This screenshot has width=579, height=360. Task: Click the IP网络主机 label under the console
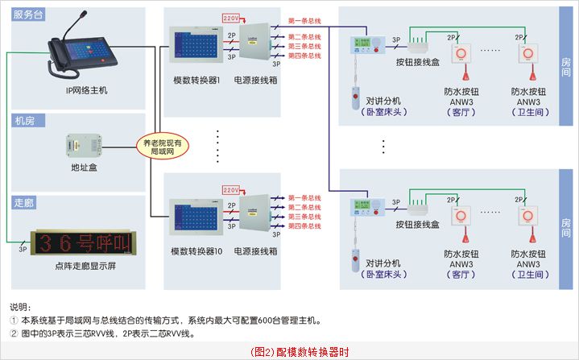[x=86, y=90]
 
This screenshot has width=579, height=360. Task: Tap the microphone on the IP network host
[x=63, y=28]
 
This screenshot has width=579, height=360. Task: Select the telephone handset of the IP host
[x=57, y=56]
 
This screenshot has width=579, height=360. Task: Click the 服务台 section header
[x=27, y=14]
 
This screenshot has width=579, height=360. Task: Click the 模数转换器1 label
[x=196, y=81]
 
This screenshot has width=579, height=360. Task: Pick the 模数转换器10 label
[x=196, y=251]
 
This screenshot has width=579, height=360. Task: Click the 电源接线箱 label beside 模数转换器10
[x=255, y=251]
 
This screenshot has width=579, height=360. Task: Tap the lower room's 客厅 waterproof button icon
[x=461, y=217]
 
